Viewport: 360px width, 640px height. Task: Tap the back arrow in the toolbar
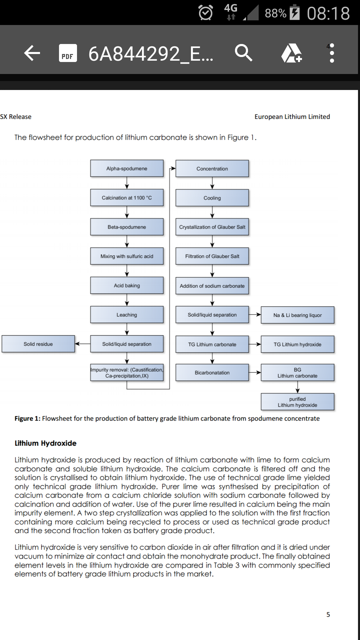[32, 53]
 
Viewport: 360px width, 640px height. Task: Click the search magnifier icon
[243, 53]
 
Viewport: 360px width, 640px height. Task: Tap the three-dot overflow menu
[332, 53]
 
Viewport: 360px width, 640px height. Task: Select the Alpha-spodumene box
[127, 168]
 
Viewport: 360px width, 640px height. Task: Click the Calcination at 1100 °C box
[127, 198]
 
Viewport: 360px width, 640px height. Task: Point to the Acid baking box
[127, 285]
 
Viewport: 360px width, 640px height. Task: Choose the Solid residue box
[38, 344]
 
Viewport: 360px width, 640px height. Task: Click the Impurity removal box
[127, 373]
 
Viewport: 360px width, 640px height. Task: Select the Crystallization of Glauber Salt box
[212, 227]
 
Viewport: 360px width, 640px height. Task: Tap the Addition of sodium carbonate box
[212, 286]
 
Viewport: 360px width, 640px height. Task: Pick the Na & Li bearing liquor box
[298, 315]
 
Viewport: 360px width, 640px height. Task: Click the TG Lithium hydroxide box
[298, 344]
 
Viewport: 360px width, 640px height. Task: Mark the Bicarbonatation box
[212, 373]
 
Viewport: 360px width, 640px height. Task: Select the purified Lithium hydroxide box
[298, 402]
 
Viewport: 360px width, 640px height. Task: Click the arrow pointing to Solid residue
[83, 344]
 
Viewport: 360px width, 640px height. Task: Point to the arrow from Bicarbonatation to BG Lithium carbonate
[255, 373]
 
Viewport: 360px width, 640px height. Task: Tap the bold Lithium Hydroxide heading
[46, 443]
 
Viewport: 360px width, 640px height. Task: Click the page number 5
[328, 614]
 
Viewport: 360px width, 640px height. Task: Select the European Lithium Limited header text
[292, 117]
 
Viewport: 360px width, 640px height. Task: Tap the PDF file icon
[68, 53]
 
